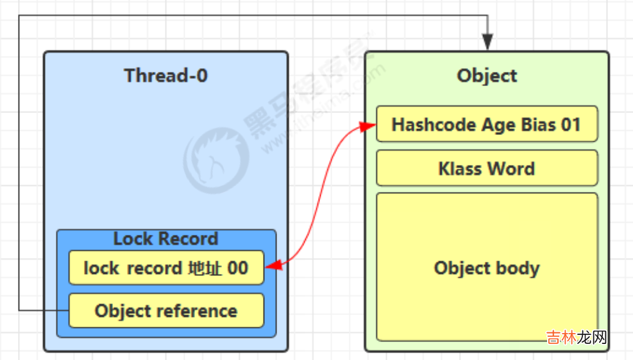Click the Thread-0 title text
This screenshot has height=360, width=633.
[x=165, y=76]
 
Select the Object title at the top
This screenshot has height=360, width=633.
[x=487, y=76]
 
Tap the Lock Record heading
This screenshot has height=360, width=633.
[x=165, y=239]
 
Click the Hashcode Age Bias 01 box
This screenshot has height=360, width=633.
[x=486, y=124]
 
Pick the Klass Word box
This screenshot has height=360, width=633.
[x=486, y=169]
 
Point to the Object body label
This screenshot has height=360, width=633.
[x=486, y=268]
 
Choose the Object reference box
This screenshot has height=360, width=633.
[x=165, y=311]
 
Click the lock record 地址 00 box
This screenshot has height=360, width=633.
[x=165, y=268]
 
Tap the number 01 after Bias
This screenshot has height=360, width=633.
[x=571, y=124]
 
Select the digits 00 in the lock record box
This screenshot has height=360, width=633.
[x=237, y=268]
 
